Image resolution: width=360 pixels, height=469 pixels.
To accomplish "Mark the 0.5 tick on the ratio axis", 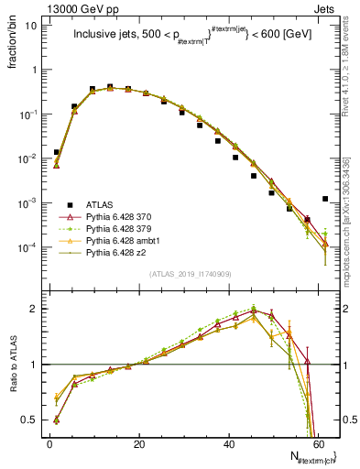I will [29, 420].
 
